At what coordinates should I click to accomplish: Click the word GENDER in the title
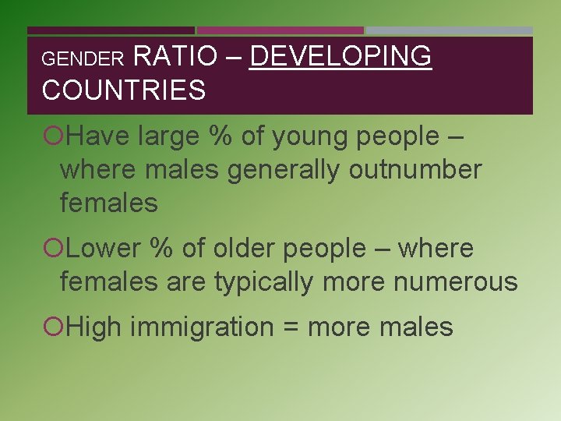[83, 58]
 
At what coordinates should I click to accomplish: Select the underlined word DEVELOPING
[340, 56]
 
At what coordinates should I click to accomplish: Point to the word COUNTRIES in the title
[124, 90]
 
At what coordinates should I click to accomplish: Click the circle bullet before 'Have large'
[52, 136]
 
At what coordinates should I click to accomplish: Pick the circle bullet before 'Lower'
[52, 249]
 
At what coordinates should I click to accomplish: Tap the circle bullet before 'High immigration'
[52, 327]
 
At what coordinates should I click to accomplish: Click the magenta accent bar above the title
[280, 30]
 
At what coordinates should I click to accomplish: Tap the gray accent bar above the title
[450, 30]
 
